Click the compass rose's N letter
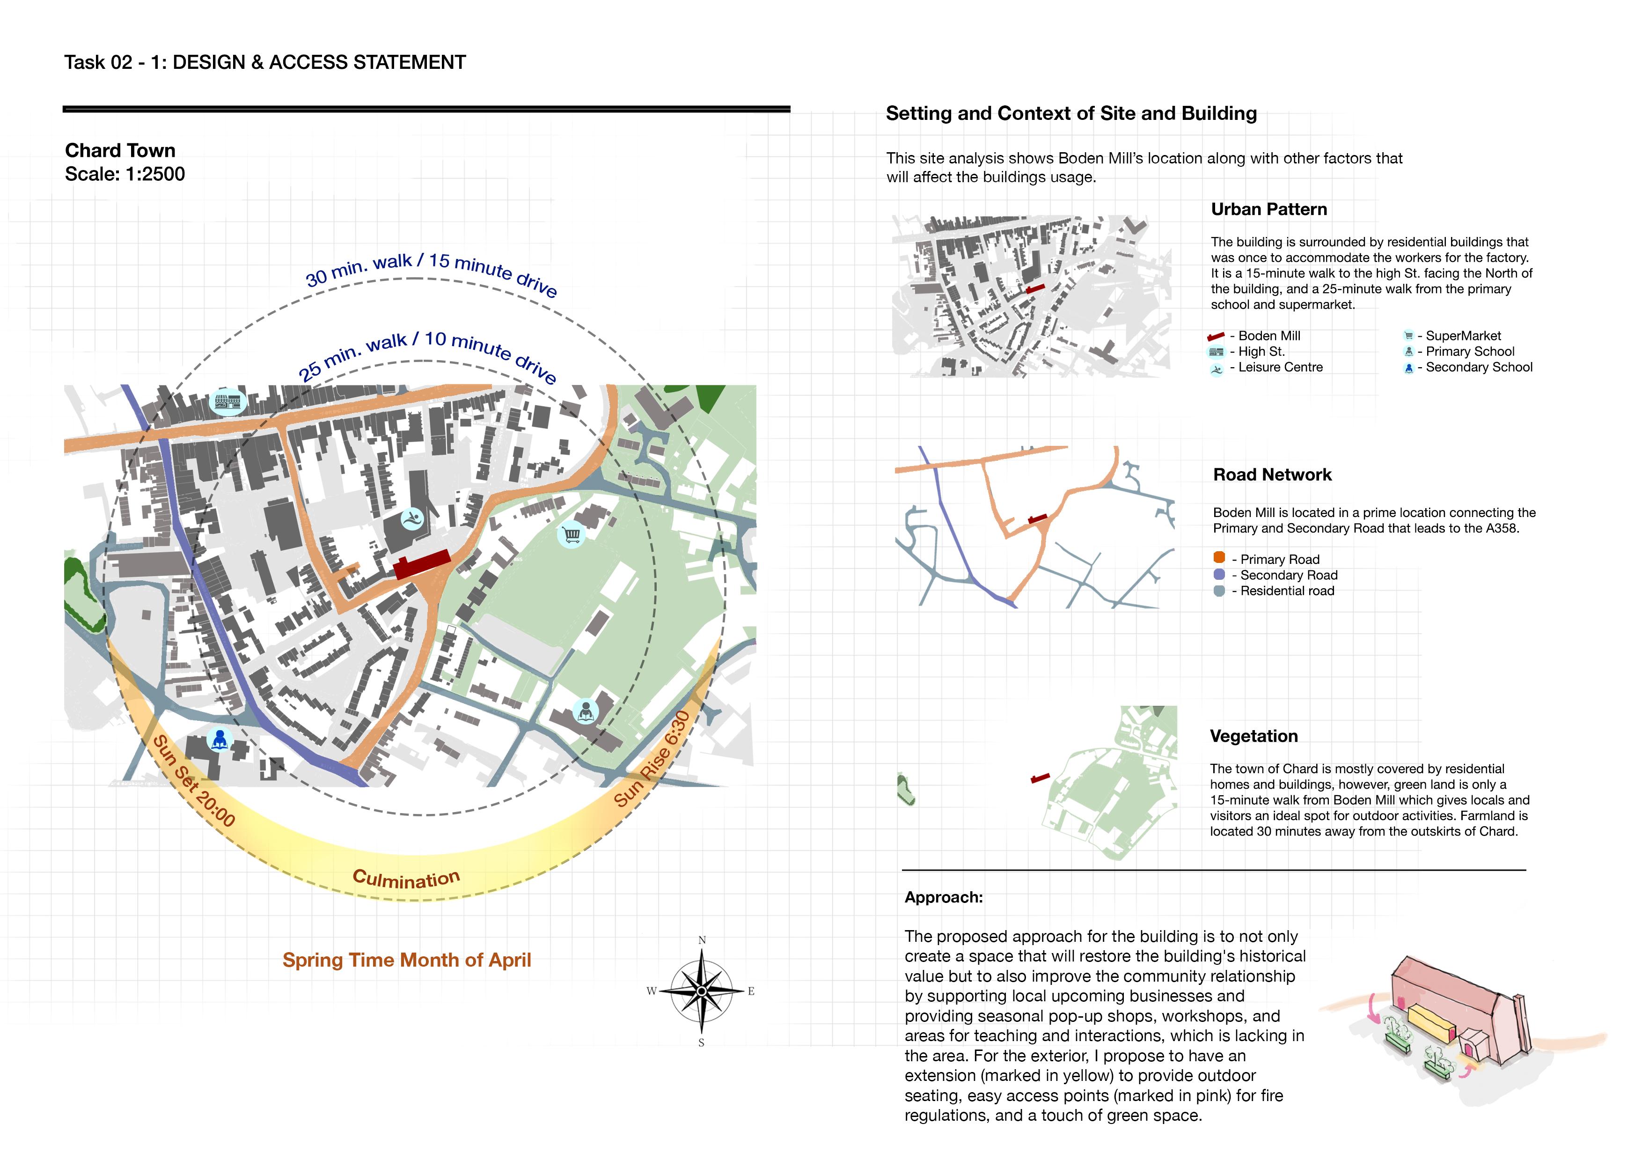click(702, 940)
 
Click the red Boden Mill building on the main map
click(421, 564)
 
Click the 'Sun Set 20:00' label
click(194, 781)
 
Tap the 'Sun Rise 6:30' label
click(652, 759)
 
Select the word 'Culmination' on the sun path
click(406, 879)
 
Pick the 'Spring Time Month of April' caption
click(406, 960)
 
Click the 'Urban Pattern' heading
click(1268, 210)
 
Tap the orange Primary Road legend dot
click(1219, 558)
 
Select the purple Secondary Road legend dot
click(1219, 575)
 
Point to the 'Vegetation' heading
click(1253, 736)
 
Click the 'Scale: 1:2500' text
click(125, 174)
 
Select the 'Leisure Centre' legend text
click(1280, 367)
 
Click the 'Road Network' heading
click(1272, 475)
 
